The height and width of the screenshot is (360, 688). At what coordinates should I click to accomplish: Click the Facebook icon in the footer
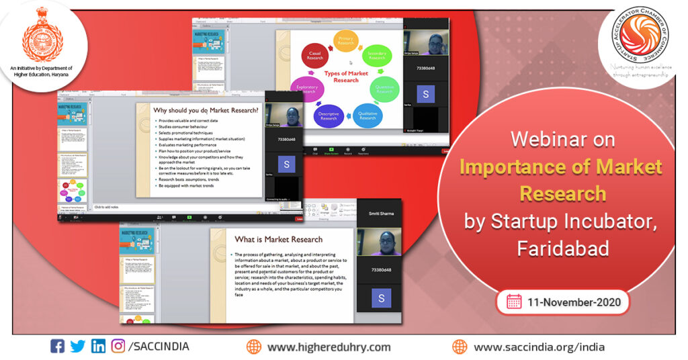(x=58, y=347)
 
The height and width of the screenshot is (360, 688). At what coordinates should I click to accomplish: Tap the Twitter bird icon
(x=77, y=347)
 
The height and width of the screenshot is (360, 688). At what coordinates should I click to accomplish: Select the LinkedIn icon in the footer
(x=98, y=347)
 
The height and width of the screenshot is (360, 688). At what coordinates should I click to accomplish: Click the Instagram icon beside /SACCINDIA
(x=118, y=347)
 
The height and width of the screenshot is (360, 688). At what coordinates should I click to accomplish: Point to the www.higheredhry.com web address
(x=329, y=347)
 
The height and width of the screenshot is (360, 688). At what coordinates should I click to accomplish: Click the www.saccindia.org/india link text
(x=539, y=347)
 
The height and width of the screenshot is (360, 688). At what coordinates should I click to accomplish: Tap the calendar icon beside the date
(x=514, y=301)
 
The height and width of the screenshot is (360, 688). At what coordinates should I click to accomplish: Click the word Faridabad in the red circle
(x=563, y=248)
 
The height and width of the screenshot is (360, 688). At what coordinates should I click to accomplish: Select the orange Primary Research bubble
(x=346, y=41)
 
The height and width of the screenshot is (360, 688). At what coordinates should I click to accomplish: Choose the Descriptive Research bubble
(x=329, y=116)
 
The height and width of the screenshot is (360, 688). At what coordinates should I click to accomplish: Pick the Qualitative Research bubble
(x=368, y=115)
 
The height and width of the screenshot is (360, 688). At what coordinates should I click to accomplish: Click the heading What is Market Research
(x=278, y=238)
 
